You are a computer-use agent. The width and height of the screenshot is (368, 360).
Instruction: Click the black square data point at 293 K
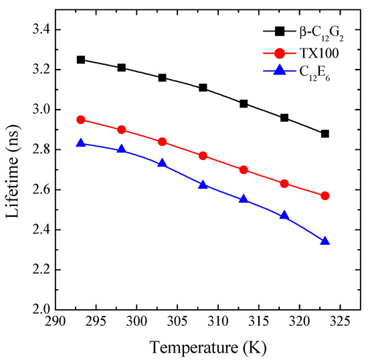[x=81, y=60]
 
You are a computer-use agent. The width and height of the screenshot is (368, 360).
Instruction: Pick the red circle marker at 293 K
[x=81, y=120]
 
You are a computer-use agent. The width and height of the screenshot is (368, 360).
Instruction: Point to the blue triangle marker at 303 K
[x=162, y=163]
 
